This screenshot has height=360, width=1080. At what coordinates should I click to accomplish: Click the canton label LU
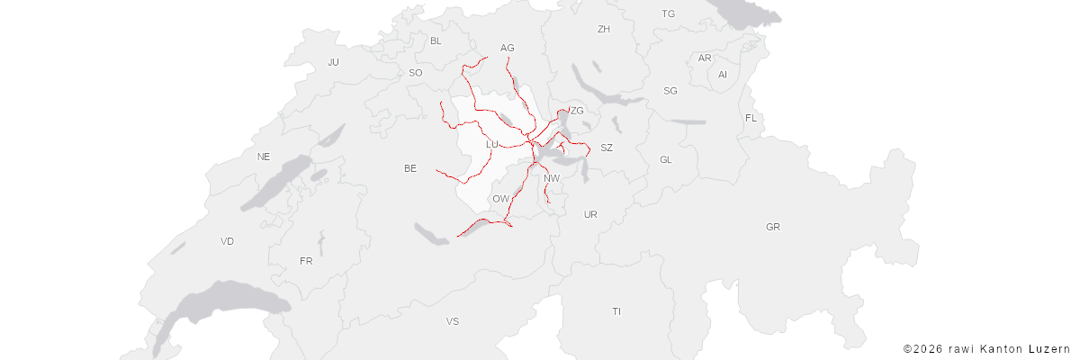(491, 144)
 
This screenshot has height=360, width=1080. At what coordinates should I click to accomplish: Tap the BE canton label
(410, 168)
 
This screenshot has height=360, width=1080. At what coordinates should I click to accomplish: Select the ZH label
(604, 29)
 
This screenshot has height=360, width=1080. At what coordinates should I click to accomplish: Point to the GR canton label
(773, 227)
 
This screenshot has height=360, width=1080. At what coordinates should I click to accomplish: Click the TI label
(616, 311)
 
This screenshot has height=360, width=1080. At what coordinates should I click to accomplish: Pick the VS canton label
(452, 321)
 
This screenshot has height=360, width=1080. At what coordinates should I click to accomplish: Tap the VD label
(227, 241)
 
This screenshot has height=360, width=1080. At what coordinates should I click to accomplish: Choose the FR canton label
(306, 261)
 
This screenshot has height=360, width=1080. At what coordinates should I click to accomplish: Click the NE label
(263, 156)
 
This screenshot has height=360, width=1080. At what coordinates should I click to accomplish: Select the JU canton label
(333, 62)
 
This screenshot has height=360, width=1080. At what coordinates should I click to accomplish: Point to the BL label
(436, 40)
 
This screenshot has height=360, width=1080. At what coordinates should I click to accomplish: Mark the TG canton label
(668, 13)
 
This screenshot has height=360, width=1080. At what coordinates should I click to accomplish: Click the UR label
(590, 214)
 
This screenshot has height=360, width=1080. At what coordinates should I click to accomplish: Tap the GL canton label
(666, 159)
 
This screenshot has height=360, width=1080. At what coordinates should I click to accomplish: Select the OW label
(500, 198)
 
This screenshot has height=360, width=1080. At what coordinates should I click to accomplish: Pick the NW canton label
(552, 178)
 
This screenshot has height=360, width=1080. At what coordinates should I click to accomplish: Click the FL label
(751, 119)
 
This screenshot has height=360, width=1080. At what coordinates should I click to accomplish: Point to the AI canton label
(722, 75)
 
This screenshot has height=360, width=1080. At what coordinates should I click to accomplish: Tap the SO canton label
(415, 73)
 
